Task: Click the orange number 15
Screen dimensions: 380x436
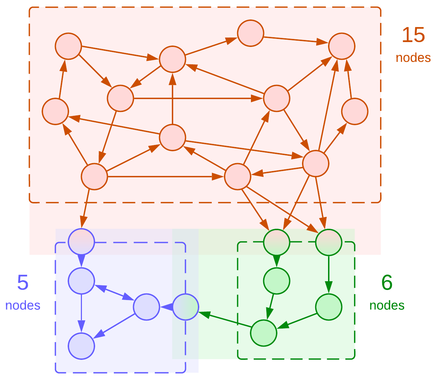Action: pyautogui.click(x=413, y=35)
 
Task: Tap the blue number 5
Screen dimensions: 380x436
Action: pyautogui.click(x=23, y=283)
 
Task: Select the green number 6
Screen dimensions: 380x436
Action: pyautogui.click(x=387, y=283)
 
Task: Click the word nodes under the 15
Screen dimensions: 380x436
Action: pyautogui.click(x=413, y=57)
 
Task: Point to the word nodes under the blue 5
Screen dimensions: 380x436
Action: pyautogui.click(x=23, y=305)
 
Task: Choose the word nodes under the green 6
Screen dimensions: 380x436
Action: pyautogui.click(x=387, y=305)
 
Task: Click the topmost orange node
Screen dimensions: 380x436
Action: pyautogui.click(x=251, y=33)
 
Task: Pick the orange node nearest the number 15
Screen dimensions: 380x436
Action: pyautogui.click(x=342, y=46)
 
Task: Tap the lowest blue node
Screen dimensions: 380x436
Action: pyautogui.click(x=81, y=346)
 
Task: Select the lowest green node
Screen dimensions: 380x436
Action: pyautogui.click(x=264, y=333)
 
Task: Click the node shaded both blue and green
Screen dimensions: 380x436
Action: pyautogui.click(x=185, y=307)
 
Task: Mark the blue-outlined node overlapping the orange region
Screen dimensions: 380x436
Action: pyautogui.click(x=81, y=242)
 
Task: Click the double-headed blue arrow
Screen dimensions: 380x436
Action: pyautogui.click(x=114, y=293)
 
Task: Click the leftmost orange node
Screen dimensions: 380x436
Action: pyautogui.click(x=55, y=111)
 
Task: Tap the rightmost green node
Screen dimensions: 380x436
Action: pyautogui.click(x=329, y=307)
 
